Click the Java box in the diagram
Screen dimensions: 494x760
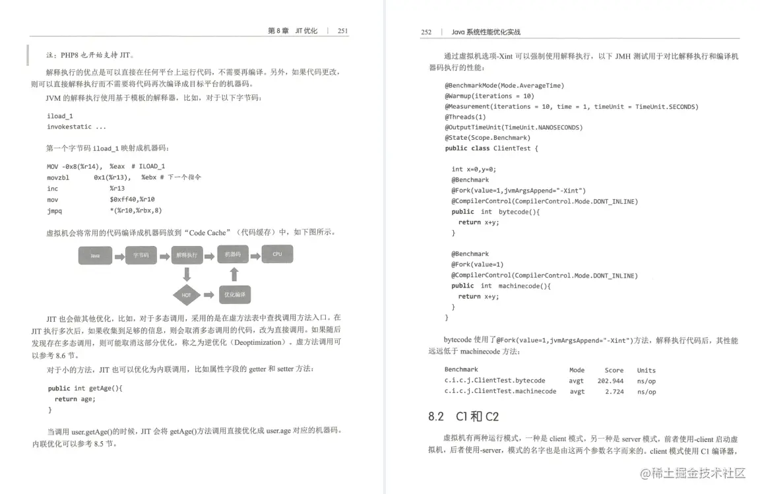[95, 255]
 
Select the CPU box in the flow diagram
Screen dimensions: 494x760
[277, 254]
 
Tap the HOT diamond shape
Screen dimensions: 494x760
[187, 295]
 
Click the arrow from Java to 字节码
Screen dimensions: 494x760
[119, 255]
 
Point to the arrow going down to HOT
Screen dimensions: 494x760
[187, 274]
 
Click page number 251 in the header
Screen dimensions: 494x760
[342, 31]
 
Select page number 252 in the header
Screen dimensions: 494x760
[426, 32]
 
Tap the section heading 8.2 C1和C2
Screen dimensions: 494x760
[463, 417]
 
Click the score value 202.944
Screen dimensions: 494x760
[610, 381]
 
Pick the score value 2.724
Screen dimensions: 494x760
[614, 391]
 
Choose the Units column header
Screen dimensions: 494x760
[646, 370]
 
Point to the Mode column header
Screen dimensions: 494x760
[577, 370]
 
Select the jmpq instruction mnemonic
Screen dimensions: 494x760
[54, 210]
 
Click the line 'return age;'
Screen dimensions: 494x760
[75, 399]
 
